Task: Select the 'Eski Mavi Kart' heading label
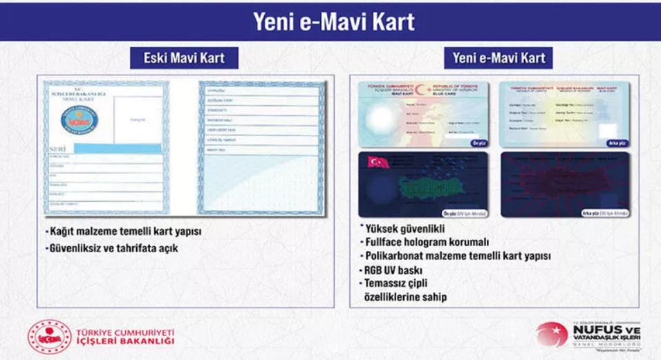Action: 184,58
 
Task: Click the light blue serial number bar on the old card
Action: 118,149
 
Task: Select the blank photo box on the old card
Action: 137,119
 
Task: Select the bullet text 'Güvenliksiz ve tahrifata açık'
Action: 113,247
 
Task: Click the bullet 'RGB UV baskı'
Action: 393,270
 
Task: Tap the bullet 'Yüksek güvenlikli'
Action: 404,229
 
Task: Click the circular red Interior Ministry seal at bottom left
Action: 49,337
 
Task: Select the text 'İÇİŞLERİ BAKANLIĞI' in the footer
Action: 125,341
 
